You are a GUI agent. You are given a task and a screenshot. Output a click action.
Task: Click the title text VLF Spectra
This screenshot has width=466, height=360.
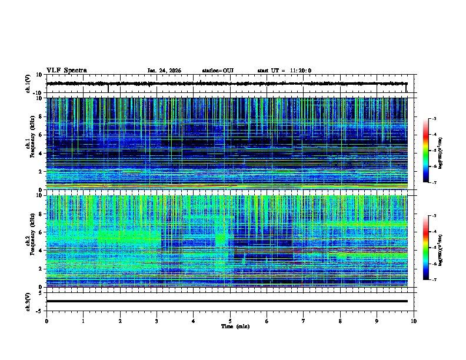pyautogui.click(x=66, y=71)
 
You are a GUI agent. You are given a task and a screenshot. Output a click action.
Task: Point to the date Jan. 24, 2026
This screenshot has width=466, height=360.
pyautogui.click(x=164, y=71)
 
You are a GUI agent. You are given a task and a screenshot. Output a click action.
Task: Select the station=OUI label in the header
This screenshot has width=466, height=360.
pyautogui.click(x=218, y=71)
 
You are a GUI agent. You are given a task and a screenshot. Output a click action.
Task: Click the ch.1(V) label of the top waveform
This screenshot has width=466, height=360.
pyautogui.click(x=28, y=84)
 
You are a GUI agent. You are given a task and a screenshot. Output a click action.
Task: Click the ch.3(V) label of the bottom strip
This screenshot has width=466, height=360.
pyautogui.click(x=28, y=301)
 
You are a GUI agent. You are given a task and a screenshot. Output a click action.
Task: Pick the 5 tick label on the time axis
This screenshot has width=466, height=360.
pyautogui.click(x=230, y=321)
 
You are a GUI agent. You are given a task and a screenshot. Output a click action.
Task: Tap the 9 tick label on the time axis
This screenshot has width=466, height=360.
pyautogui.click(x=377, y=321)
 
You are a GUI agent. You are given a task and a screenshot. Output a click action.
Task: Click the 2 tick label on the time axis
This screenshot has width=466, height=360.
pyautogui.click(x=120, y=321)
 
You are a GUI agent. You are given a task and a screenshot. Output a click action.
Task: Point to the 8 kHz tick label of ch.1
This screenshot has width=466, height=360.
pyautogui.click(x=40, y=116)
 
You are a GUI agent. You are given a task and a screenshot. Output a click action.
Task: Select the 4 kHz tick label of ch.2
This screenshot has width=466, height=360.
pyautogui.click(x=40, y=251)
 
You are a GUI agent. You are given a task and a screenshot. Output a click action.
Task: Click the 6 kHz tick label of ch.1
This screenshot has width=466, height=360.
pyautogui.click(x=40, y=135)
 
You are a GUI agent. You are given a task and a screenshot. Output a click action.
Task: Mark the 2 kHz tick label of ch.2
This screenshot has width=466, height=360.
pyautogui.click(x=40, y=269)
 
